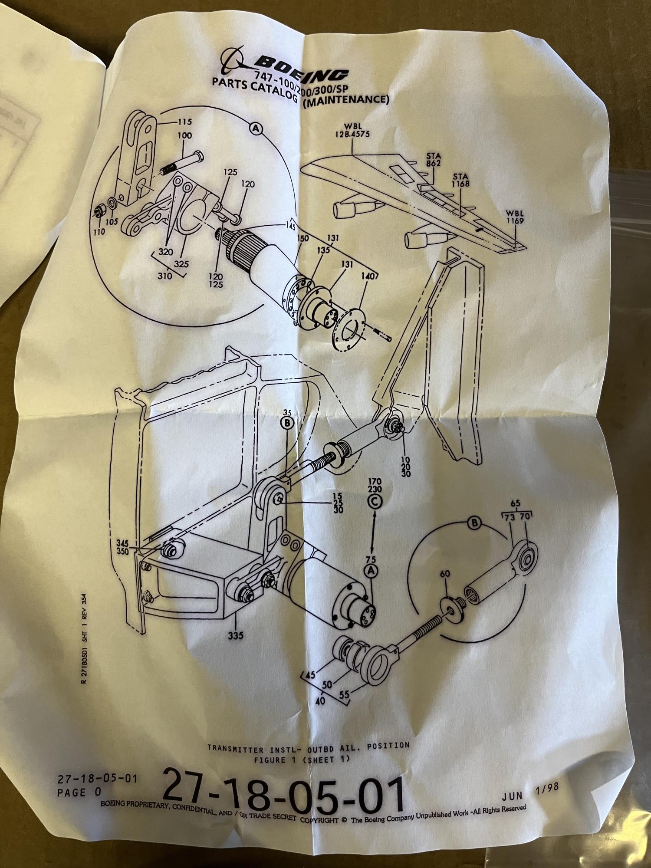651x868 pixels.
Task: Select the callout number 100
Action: (184, 136)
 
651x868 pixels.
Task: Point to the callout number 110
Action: (99, 232)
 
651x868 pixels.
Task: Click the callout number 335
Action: (235, 636)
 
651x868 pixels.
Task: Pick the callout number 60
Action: (445, 574)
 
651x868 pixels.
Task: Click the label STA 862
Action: (433, 159)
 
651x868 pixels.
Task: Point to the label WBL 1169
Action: (515, 217)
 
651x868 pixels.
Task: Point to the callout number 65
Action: (515, 504)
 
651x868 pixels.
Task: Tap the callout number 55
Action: (344, 695)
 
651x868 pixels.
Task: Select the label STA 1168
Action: (461, 180)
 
